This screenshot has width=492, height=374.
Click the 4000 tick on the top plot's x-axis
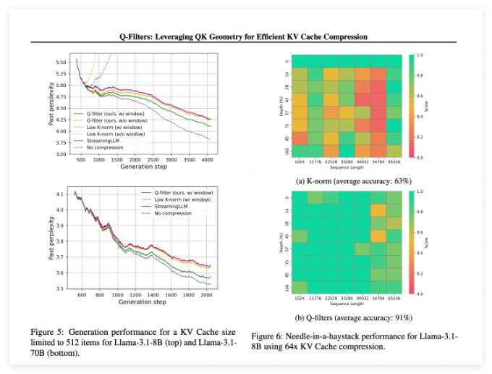(x=206, y=159)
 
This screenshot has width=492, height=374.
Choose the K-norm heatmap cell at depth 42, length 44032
(x=362, y=99)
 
